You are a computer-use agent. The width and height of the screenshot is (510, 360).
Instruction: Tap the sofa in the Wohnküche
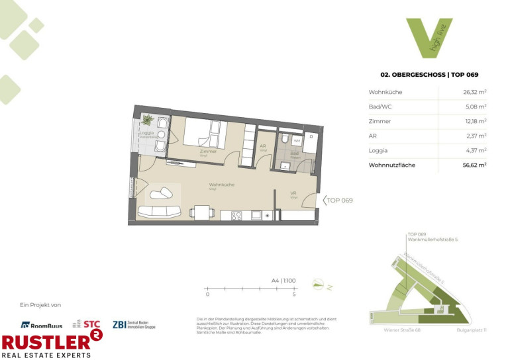click(159, 211)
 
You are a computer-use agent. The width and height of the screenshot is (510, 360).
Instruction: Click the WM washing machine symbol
click(297, 140)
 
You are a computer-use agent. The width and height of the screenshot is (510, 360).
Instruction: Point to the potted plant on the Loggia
click(147, 121)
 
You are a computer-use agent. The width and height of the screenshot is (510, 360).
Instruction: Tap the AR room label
click(263, 146)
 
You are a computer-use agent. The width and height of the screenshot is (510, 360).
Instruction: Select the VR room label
click(293, 193)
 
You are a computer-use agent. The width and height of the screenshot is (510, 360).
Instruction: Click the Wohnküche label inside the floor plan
click(222, 185)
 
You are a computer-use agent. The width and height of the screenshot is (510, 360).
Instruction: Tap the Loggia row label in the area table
click(379, 150)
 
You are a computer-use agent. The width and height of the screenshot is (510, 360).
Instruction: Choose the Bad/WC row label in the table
click(381, 107)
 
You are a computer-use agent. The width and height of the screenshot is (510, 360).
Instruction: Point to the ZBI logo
click(135, 324)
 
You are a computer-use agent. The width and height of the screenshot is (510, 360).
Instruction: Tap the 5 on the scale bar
click(293, 294)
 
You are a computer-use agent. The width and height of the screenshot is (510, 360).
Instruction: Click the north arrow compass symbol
click(321, 285)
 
